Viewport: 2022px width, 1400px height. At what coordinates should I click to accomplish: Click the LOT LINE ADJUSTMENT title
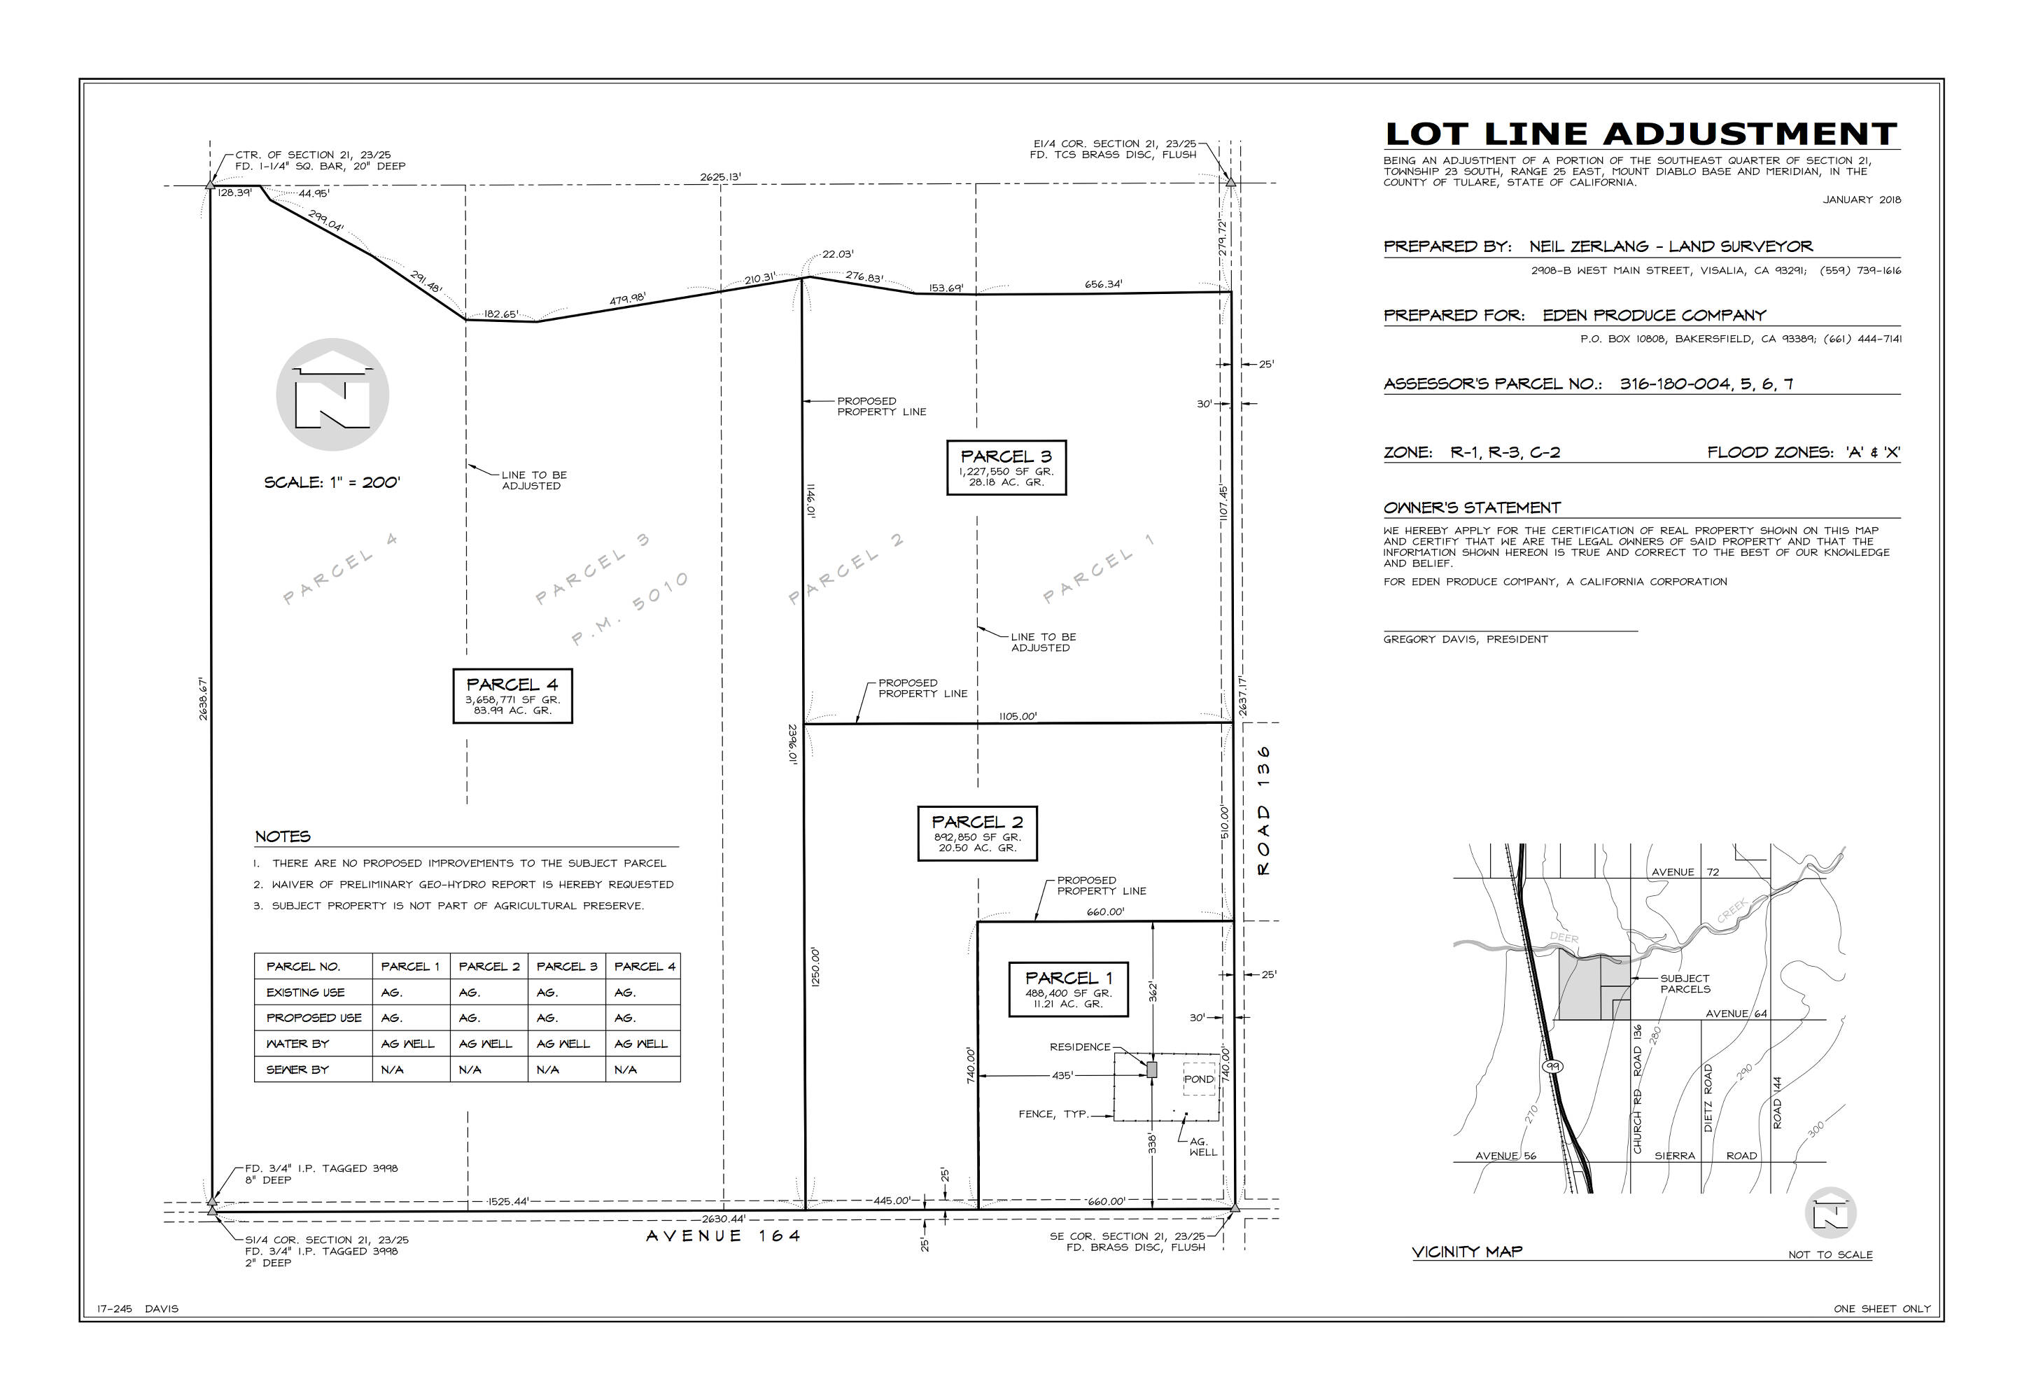(1641, 134)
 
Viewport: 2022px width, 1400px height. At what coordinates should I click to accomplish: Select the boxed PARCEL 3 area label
(1006, 468)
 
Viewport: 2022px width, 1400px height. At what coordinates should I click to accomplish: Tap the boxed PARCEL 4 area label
(512, 696)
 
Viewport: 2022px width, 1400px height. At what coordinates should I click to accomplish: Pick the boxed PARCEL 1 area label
(1068, 990)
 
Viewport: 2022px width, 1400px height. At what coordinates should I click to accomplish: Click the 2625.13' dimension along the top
(721, 177)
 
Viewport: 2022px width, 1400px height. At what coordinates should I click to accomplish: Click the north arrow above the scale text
(332, 395)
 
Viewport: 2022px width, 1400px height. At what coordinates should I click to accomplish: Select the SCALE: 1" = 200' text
(332, 482)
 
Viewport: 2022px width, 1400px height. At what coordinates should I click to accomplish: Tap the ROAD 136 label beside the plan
(1263, 811)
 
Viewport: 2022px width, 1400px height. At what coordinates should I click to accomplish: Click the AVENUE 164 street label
(724, 1236)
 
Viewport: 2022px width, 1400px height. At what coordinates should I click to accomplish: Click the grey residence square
(1152, 1070)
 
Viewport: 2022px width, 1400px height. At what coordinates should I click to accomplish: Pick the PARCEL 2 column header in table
(489, 967)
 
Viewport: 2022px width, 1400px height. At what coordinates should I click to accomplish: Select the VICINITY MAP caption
(1467, 1252)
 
